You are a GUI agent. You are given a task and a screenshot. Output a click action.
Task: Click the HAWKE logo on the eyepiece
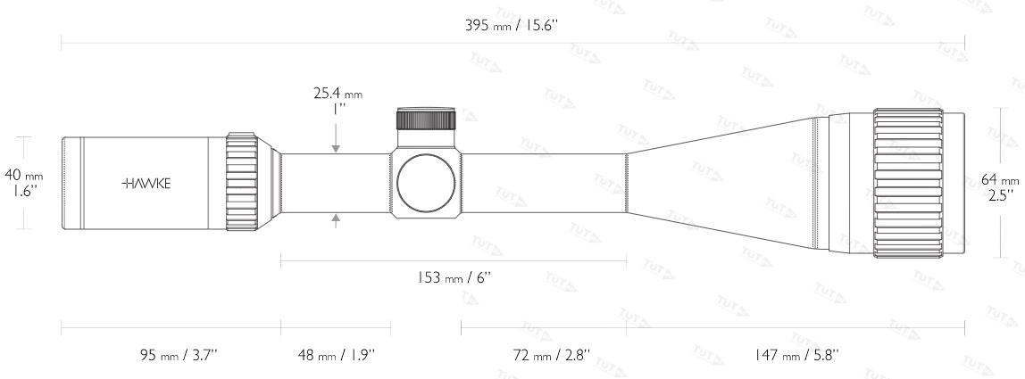coord(146,184)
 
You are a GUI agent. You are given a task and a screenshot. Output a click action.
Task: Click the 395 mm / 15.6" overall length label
coord(512,26)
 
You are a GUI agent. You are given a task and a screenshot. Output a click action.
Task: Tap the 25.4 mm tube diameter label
coord(337,94)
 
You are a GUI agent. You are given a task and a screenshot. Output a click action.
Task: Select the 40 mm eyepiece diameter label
coord(23,175)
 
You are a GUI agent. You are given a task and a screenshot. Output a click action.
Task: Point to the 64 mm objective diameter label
coord(1000,180)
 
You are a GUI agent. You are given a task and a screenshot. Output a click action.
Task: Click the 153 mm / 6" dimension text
coord(454,277)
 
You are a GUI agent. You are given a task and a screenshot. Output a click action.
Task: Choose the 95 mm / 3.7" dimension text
coord(179,355)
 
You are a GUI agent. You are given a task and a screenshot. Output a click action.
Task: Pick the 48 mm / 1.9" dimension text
coord(336,355)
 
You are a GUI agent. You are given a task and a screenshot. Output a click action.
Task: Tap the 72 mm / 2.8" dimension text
coord(552,355)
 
